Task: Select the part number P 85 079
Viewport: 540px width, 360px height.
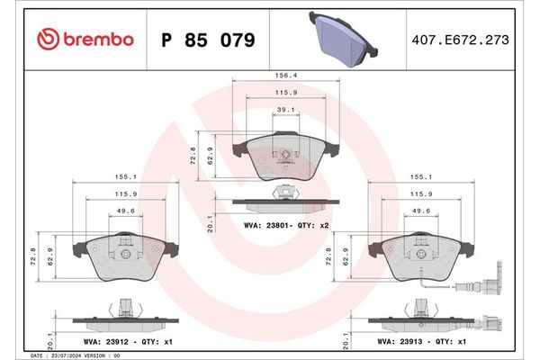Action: tap(207, 40)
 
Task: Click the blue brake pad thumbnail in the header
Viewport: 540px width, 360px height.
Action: tap(346, 37)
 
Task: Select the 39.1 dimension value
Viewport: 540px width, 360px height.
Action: tap(286, 110)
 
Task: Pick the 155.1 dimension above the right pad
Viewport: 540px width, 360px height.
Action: tap(420, 178)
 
